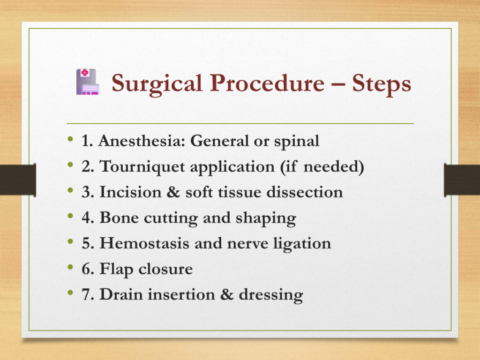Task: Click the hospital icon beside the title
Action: click(88, 82)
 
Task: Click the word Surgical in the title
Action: click(157, 84)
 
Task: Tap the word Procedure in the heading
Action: click(267, 83)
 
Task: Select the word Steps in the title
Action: click(382, 84)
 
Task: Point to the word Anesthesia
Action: click(142, 141)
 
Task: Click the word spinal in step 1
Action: click(296, 142)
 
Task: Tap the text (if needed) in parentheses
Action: click(322, 166)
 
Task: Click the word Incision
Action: click(130, 192)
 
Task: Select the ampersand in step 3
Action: click(173, 192)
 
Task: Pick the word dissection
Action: click(305, 192)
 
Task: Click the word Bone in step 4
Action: click(119, 217)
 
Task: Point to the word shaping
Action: click(266, 218)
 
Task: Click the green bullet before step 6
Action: click(70, 267)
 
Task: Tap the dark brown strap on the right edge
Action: click(462, 180)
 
